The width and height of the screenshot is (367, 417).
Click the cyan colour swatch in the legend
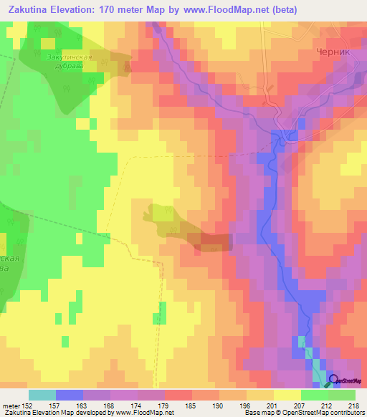point(42,395)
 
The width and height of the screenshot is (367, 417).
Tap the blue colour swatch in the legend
point(70,395)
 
